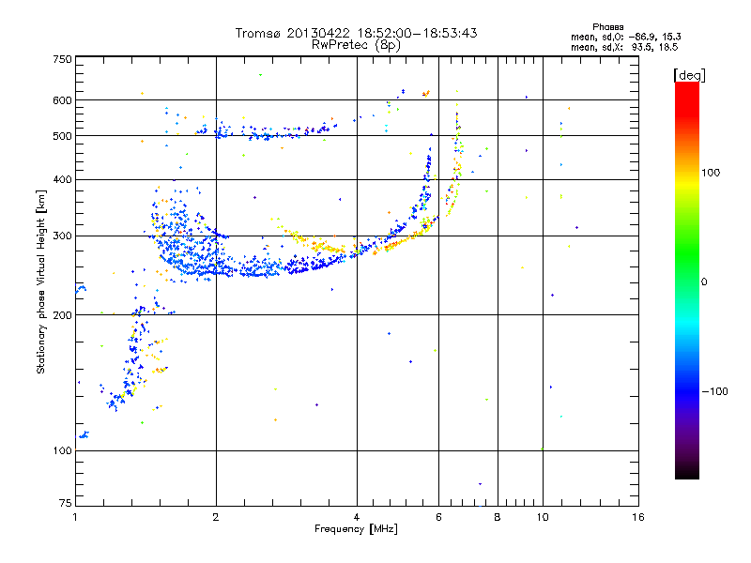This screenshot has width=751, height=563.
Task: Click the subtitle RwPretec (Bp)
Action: [x=356, y=44]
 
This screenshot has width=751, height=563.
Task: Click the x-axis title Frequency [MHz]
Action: [x=356, y=530]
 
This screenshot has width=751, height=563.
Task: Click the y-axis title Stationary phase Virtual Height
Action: [x=41, y=281]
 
